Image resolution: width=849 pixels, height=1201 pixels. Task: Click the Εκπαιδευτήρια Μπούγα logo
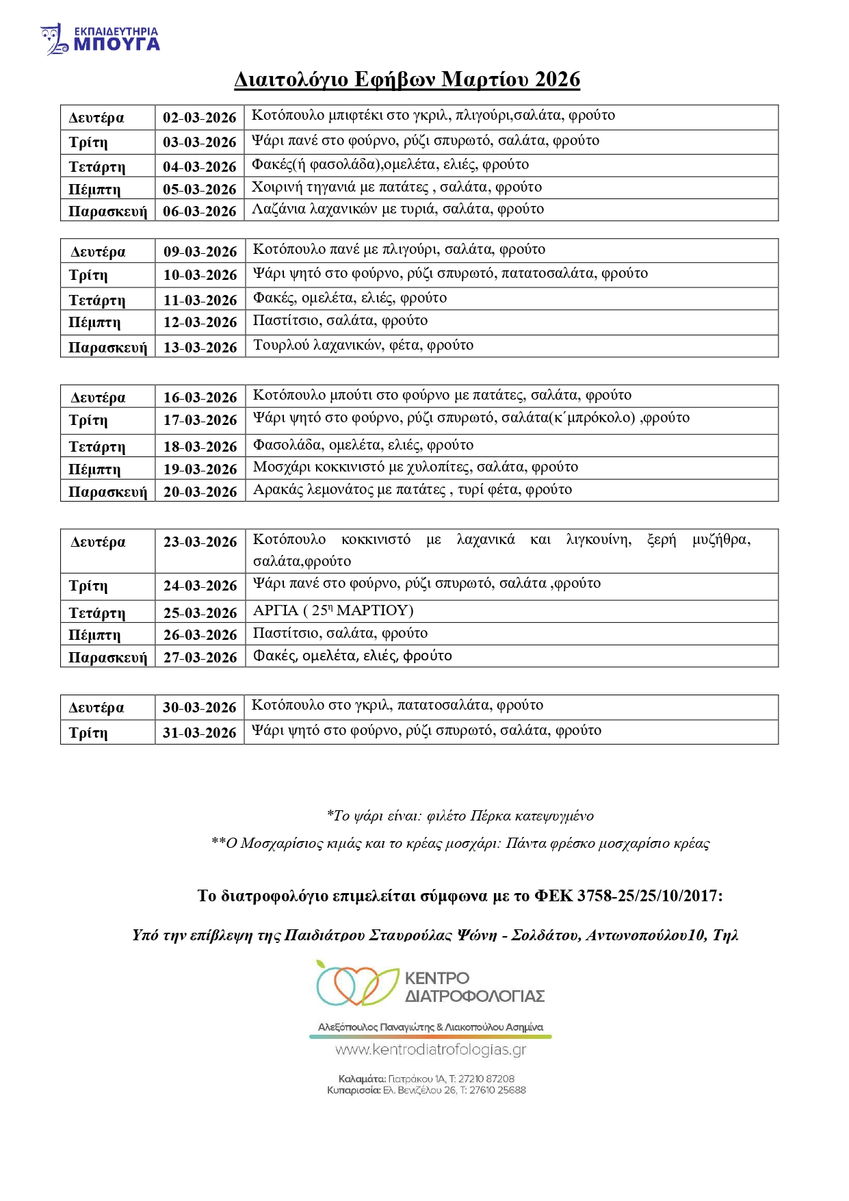(x=100, y=39)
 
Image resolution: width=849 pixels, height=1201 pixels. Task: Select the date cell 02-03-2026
(x=199, y=118)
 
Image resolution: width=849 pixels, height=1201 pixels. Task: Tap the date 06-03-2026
(x=199, y=211)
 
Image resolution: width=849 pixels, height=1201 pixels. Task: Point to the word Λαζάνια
(x=278, y=209)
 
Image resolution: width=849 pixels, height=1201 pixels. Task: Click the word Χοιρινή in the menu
(x=277, y=188)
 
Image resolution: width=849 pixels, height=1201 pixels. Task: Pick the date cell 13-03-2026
(x=200, y=347)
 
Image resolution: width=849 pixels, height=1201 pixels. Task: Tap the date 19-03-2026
(x=200, y=469)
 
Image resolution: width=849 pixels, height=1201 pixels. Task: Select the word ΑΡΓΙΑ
(x=276, y=610)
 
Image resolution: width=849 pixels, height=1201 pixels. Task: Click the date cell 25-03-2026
(x=200, y=612)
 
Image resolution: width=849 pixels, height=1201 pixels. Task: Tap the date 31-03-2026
(x=199, y=733)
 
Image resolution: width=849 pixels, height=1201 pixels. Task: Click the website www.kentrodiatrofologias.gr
(x=430, y=1050)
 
